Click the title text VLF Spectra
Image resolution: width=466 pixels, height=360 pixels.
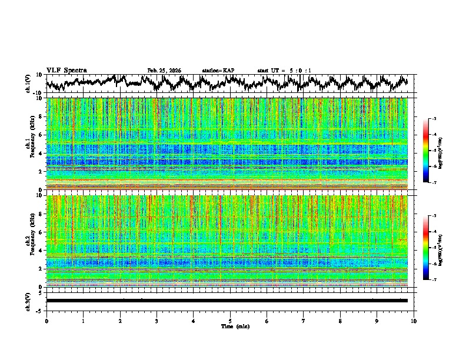click(x=66, y=71)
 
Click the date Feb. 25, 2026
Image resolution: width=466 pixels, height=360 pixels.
click(x=164, y=71)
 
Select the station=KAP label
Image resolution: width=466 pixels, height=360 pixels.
click(x=218, y=71)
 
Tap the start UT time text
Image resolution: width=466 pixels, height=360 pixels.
click(x=284, y=71)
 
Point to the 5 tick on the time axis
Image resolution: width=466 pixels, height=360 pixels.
click(x=230, y=321)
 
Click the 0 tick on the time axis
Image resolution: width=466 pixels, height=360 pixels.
click(x=46, y=321)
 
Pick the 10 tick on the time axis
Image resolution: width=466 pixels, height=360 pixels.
click(x=414, y=321)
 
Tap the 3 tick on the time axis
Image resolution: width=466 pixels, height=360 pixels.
click(x=157, y=321)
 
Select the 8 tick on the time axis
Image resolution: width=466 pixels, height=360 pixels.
click(x=340, y=321)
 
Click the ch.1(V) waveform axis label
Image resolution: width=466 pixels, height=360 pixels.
click(x=29, y=83)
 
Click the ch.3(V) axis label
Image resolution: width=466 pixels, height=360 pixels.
click(x=29, y=300)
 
